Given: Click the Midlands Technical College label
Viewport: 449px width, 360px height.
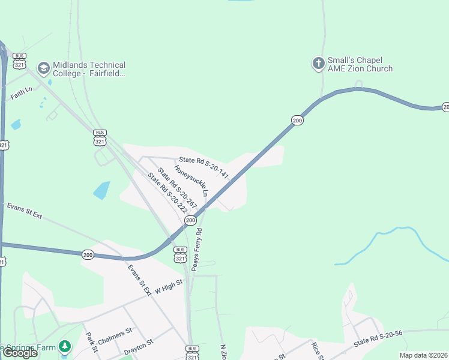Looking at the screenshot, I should (89, 69).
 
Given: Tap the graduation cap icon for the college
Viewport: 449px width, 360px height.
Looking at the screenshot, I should (43, 68).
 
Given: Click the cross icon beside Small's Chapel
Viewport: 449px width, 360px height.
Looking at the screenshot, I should (318, 64).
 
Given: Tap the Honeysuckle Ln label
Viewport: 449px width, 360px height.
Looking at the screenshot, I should (191, 181).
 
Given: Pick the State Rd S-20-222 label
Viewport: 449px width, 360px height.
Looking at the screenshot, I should (167, 195).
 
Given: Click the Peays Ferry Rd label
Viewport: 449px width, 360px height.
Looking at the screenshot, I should (196, 250).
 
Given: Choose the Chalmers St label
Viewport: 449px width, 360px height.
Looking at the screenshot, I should (115, 337).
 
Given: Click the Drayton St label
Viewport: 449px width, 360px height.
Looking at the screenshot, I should (139, 347).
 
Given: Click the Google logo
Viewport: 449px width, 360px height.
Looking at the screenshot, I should (20, 353).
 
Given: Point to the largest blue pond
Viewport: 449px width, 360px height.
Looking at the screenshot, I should (101, 190).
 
